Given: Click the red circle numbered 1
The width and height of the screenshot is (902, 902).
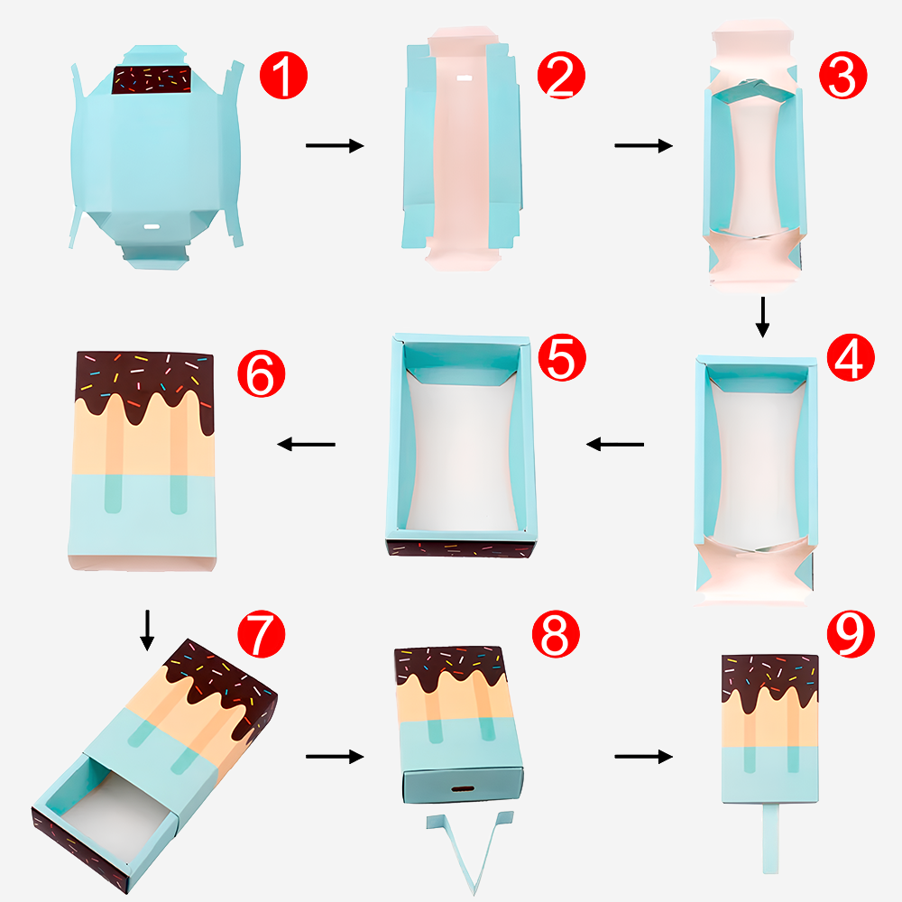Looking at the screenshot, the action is pyautogui.click(x=283, y=76).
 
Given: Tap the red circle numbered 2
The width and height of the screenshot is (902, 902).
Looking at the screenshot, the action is pyautogui.click(x=561, y=76).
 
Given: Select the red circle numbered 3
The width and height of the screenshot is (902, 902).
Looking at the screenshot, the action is pyautogui.click(x=842, y=76).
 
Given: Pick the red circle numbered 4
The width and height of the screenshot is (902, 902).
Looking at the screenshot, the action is pyautogui.click(x=851, y=357).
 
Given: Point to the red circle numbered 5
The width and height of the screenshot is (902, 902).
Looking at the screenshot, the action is pyautogui.click(x=562, y=357).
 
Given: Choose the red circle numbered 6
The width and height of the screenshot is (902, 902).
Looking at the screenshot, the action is pyautogui.click(x=262, y=373).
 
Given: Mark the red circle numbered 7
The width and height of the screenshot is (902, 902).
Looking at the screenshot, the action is pyautogui.click(x=262, y=634).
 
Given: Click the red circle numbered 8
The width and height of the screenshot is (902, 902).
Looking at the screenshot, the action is pyautogui.click(x=556, y=634).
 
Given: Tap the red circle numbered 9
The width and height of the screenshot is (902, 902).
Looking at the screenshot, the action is pyautogui.click(x=851, y=634).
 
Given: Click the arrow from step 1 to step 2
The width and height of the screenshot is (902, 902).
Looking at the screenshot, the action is pyautogui.click(x=335, y=145).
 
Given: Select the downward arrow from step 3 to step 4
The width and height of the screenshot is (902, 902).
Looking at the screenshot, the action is pyautogui.click(x=763, y=317).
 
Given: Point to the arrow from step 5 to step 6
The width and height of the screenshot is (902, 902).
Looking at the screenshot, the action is pyautogui.click(x=306, y=444).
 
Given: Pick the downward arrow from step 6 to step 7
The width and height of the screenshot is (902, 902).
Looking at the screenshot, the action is pyautogui.click(x=147, y=630).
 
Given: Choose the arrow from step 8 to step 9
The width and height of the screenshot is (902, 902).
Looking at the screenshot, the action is pyautogui.click(x=644, y=757).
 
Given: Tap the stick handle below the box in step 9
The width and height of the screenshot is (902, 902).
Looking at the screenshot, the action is pyautogui.click(x=771, y=838).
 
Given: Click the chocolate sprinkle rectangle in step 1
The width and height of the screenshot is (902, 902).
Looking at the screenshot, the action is pyautogui.click(x=152, y=80).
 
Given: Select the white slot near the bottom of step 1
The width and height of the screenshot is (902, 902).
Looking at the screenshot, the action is pyautogui.click(x=152, y=226).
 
